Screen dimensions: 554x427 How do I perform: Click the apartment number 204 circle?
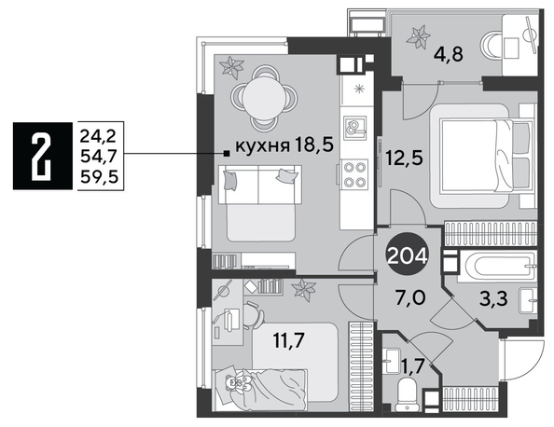click(x=408, y=254)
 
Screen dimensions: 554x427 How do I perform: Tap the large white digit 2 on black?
click(x=42, y=156)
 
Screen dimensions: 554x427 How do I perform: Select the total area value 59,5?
click(x=99, y=177)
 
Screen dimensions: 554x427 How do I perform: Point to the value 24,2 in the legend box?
click(x=98, y=136)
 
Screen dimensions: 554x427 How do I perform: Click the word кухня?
click(x=262, y=145)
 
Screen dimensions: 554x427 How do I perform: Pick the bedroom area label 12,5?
click(x=404, y=158)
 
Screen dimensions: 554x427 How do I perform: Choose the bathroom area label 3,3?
click(x=494, y=298)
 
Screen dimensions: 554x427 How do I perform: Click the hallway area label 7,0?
click(x=411, y=297)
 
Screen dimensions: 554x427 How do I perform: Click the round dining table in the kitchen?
click(x=264, y=98)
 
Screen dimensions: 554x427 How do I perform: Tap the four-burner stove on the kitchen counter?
click(x=354, y=173)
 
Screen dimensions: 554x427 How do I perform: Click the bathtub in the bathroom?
click(x=497, y=267)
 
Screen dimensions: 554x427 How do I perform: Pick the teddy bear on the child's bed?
click(x=238, y=383)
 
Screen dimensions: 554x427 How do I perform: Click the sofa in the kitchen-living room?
click(x=260, y=202)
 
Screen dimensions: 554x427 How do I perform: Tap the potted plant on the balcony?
click(x=419, y=37)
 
